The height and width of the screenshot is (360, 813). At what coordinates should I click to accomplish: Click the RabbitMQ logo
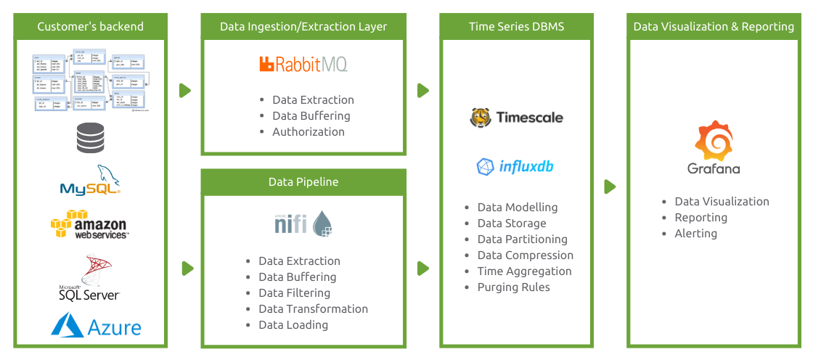click(x=303, y=64)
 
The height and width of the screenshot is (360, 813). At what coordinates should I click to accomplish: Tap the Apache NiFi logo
click(x=303, y=223)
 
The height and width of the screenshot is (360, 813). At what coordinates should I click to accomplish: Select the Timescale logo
click(x=516, y=117)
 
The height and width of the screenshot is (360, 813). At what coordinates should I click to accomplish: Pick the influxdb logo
click(x=515, y=166)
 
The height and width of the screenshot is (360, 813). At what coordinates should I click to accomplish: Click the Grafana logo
click(x=714, y=149)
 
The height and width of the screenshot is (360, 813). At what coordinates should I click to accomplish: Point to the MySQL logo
click(x=89, y=181)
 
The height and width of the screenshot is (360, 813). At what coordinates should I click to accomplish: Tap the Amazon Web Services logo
click(x=89, y=224)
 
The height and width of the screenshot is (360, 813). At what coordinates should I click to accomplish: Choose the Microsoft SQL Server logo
click(x=89, y=278)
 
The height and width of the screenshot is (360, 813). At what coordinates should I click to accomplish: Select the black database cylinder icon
click(x=89, y=138)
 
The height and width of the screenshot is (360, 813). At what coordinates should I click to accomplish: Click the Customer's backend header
click(x=90, y=27)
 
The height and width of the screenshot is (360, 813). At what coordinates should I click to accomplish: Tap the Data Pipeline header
click(x=303, y=182)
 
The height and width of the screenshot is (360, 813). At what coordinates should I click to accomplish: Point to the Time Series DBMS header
click(x=516, y=27)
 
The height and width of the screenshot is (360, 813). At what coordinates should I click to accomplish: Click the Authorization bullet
click(x=308, y=131)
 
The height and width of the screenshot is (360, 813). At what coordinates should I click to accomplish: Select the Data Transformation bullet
click(x=313, y=308)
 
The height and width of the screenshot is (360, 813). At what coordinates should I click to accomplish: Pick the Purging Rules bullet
click(x=513, y=287)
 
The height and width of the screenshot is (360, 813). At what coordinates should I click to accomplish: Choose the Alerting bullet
click(x=695, y=233)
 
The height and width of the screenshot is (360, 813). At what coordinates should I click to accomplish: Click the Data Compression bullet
click(x=525, y=255)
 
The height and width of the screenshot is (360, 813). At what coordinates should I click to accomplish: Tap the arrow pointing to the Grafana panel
click(x=610, y=187)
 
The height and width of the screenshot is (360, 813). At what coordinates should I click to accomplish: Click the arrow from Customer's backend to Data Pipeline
click(x=187, y=268)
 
